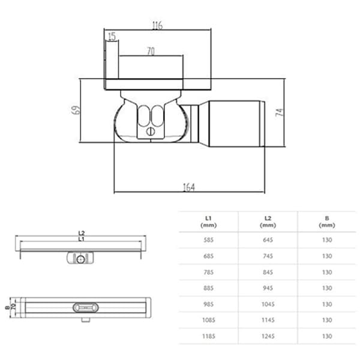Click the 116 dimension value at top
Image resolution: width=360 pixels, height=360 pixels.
158,25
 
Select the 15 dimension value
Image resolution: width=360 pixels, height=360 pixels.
111,37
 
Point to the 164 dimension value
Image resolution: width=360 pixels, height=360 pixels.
188,187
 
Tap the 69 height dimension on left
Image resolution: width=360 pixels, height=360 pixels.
75,110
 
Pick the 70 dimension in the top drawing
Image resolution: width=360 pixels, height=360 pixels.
150,52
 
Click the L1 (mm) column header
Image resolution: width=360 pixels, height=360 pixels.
209,221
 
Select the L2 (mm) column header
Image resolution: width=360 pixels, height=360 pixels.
268,221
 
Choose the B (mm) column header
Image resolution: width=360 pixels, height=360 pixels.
327,221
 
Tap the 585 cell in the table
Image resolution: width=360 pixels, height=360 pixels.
209,239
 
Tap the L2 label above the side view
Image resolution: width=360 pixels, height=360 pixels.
81,233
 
